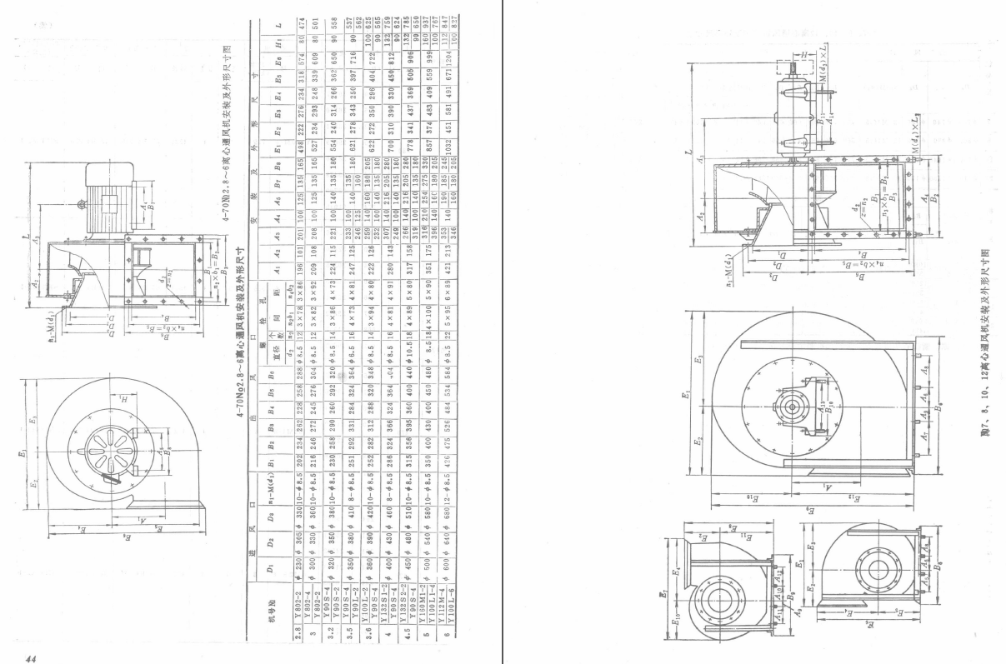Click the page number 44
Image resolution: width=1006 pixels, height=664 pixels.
31,657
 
